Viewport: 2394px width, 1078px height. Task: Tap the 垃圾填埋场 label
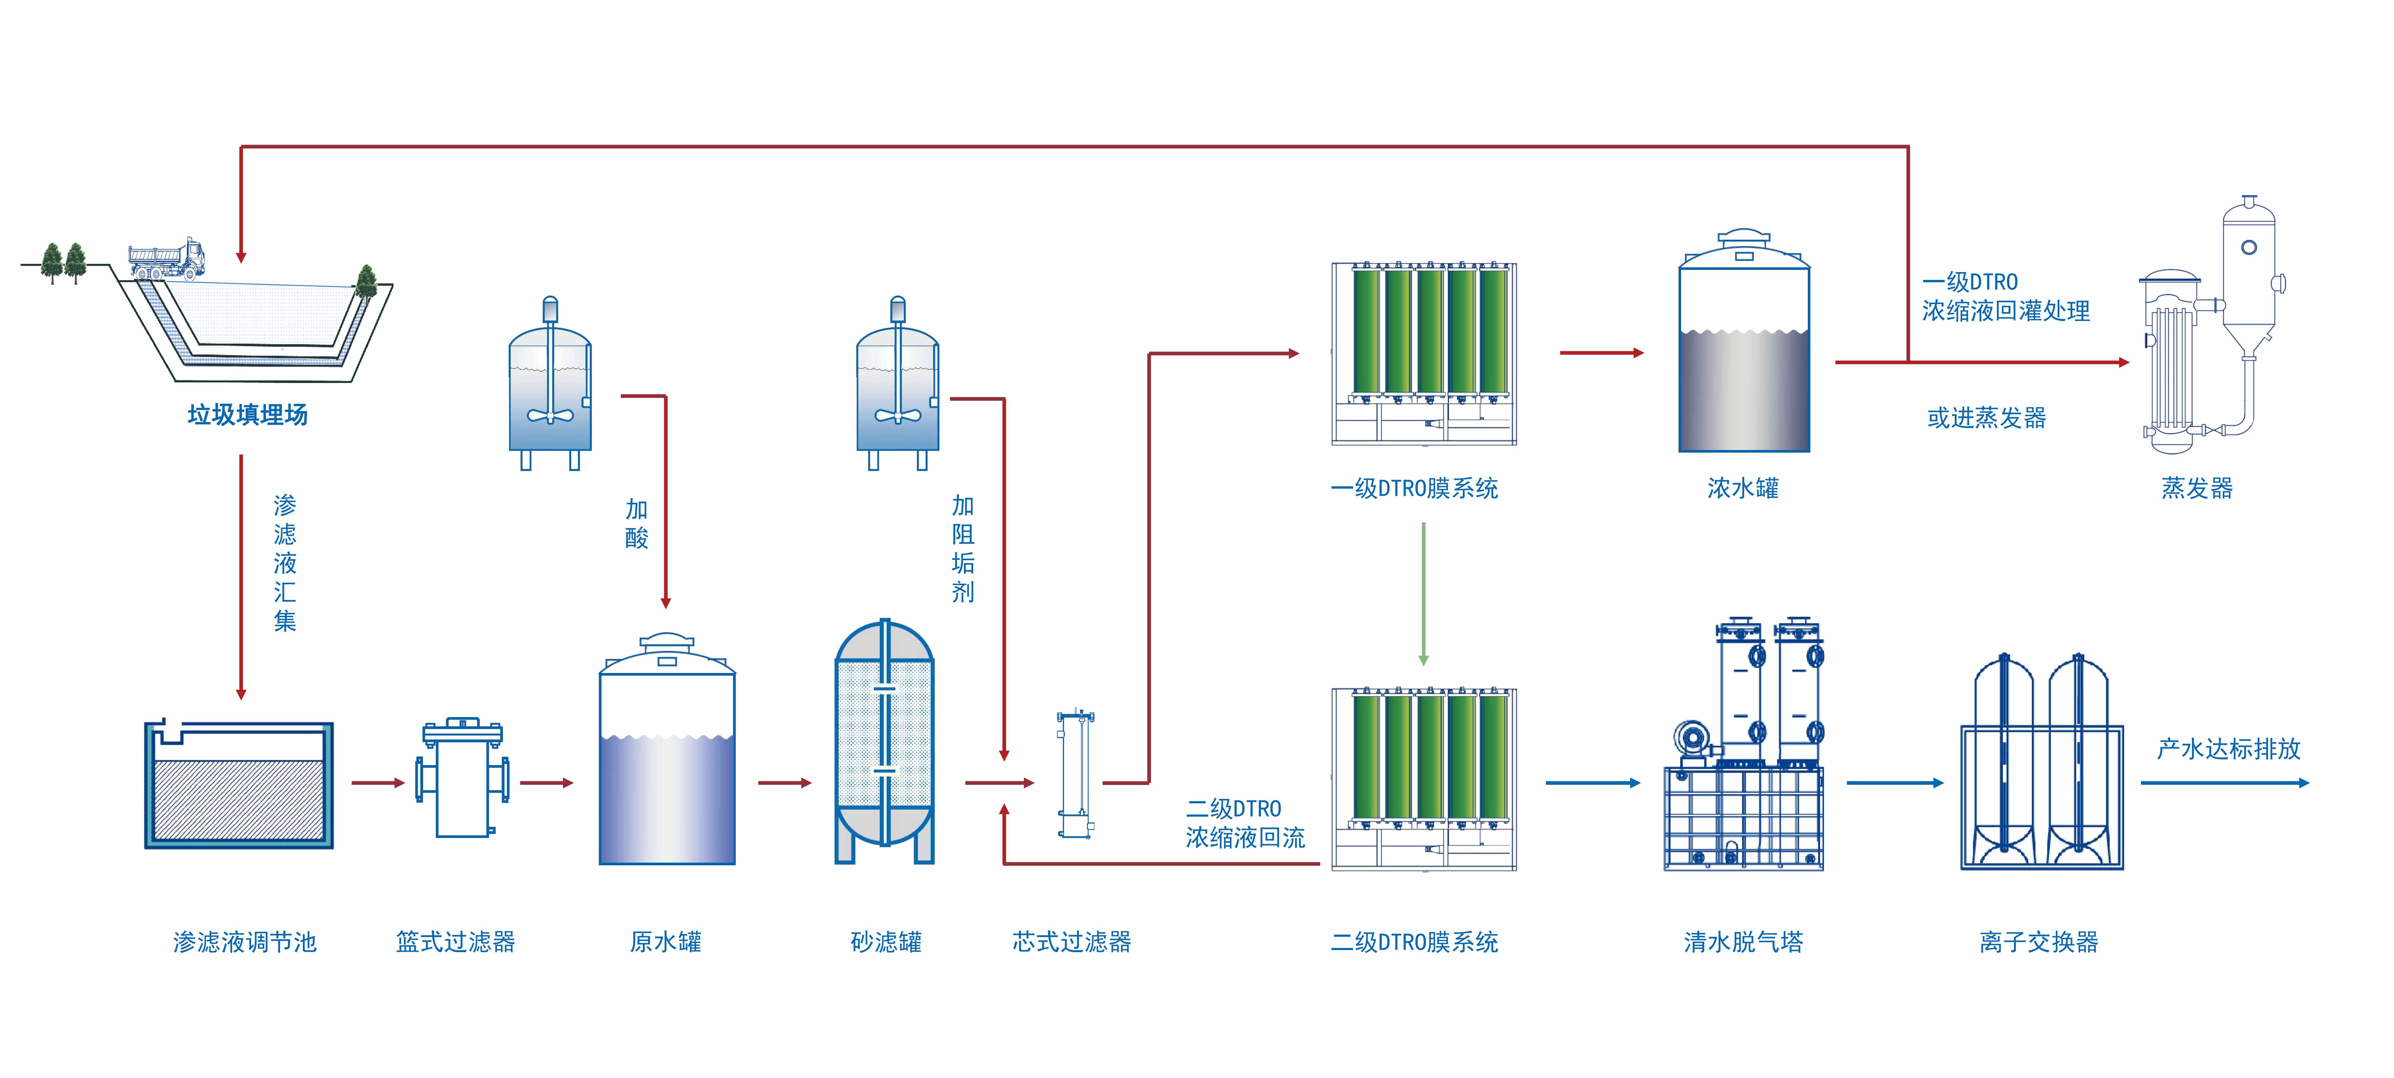click(x=247, y=415)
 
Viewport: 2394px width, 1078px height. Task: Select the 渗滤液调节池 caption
click(x=244, y=942)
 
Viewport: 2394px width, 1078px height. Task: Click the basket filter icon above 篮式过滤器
click(x=462, y=779)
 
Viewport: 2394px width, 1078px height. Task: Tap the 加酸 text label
click(x=637, y=523)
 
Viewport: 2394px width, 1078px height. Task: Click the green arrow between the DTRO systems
click(x=1423, y=595)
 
